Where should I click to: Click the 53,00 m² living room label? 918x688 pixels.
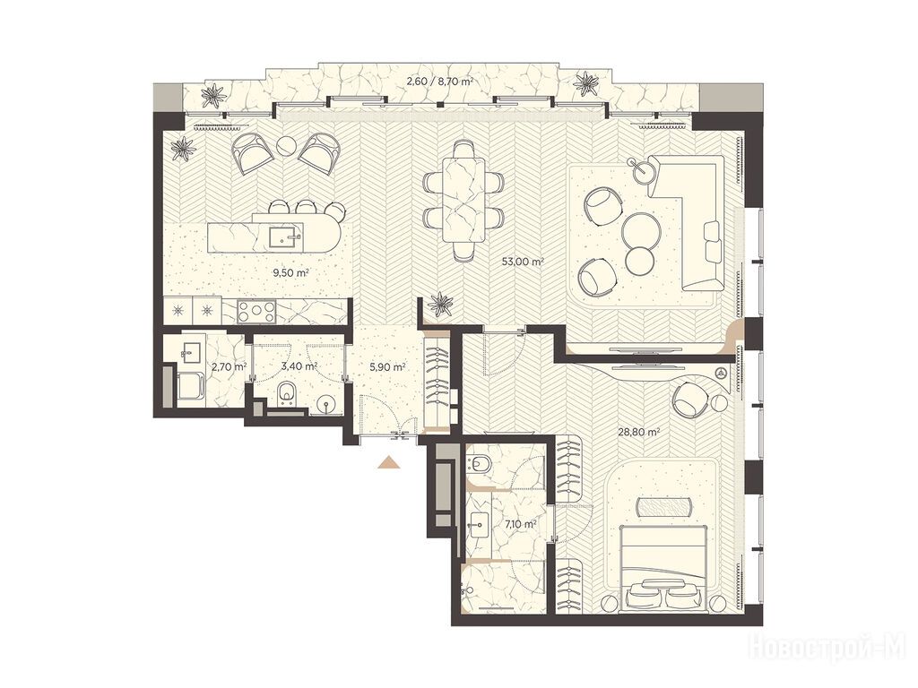pos(523,262)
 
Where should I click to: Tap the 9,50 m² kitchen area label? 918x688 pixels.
pos(291,272)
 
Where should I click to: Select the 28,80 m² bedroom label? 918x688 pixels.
pos(639,433)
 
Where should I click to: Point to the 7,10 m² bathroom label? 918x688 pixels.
pos(521,525)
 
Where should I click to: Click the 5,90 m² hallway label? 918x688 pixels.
pos(387,367)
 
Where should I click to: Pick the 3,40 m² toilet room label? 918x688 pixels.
pos(299,366)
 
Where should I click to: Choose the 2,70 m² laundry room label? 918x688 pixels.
pos(229,367)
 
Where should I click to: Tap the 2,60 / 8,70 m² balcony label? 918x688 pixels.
pos(439,82)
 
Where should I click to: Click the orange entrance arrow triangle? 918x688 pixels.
pos(388,462)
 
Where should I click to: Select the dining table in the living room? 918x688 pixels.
pos(463,200)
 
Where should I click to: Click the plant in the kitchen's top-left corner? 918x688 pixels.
pos(185,149)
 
